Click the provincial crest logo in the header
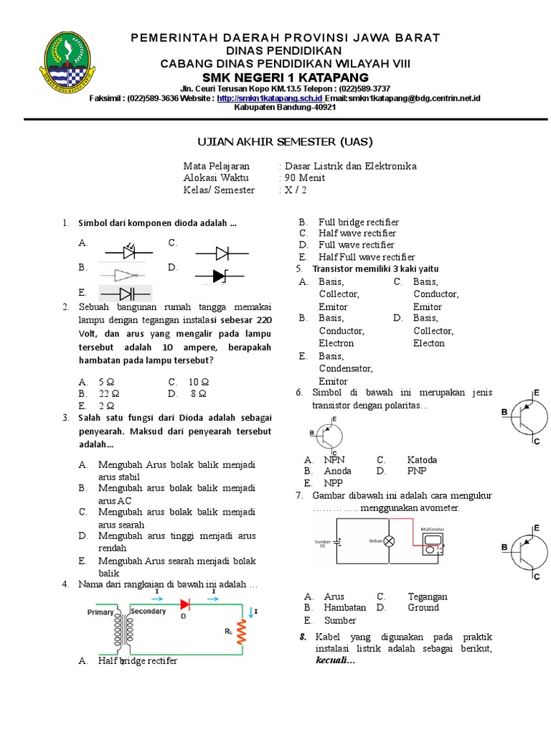coord(69,59)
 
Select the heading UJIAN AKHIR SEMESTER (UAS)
coord(275,141)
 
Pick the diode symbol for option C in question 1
coord(222,252)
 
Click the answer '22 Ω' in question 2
coord(109,393)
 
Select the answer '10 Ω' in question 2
coord(199,382)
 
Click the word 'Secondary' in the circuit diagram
coord(148,612)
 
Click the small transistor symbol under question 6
coord(327,435)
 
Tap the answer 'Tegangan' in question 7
coord(427,596)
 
